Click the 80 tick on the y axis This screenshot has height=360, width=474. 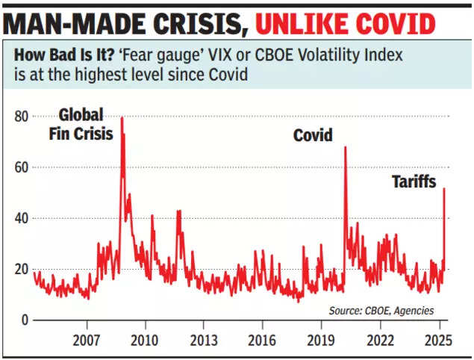[22, 117]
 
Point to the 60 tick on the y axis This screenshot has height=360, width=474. [22, 168]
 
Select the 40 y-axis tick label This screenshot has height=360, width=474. [22, 219]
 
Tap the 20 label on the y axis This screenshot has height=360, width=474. [22, 270]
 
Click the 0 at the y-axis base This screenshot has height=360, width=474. [25, 320]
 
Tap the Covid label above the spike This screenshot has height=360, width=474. [313, 135]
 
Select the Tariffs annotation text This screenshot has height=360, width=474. [414, 181]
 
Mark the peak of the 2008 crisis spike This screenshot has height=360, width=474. [122, 117]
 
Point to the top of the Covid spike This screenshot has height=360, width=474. [345, 147]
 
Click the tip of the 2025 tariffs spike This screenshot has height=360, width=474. [444, 188]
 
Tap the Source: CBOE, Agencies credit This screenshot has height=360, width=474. [381, 310]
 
